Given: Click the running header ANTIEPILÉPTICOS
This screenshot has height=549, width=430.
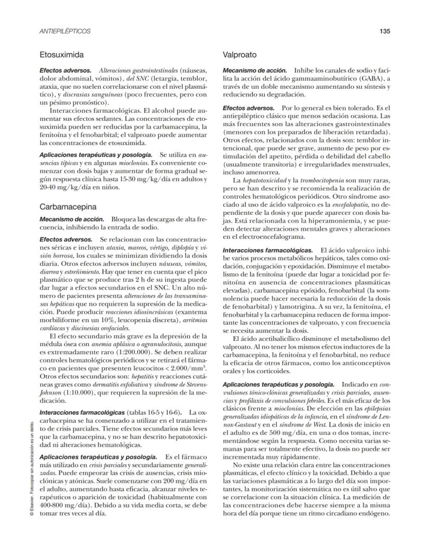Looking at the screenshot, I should point(65,31).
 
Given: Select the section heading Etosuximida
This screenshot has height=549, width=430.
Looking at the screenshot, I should point(62,54).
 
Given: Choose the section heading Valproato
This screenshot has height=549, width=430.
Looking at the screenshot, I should point(239,54).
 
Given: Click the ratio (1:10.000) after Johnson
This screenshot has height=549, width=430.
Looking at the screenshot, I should point(78,393).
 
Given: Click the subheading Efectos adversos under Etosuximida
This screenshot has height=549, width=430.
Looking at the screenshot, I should point(65,70).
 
